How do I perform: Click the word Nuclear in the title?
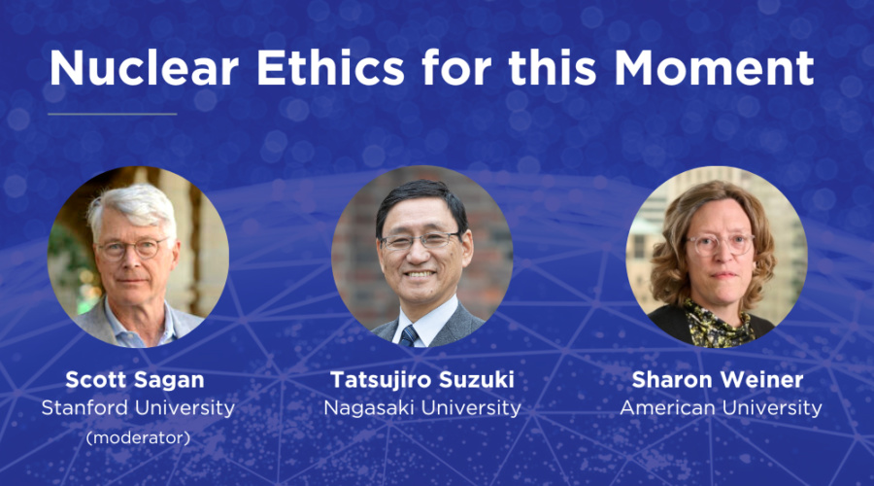[x=145, y=68]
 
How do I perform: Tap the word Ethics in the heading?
[x=330, y=68]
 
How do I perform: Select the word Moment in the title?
[x=714, y=68]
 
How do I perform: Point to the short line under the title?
[x=112, y=114]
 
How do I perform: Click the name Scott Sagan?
[x=135, y=380]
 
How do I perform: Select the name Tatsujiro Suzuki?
[x=422, y=380]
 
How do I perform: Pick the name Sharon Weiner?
[x=718, y=380]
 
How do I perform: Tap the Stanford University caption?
[x=138, y=408]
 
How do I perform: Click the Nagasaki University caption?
[x=422, y=408]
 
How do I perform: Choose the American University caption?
[x=721, y=408]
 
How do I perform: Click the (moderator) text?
[x=138, y=438]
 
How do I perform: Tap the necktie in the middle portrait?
[x=409, y=336]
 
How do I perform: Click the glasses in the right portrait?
[x=720, y=244]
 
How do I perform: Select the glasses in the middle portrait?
[x=421, y=240]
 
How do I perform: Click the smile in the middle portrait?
[x=420, y=274]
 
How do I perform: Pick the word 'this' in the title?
[x=553, y=68]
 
